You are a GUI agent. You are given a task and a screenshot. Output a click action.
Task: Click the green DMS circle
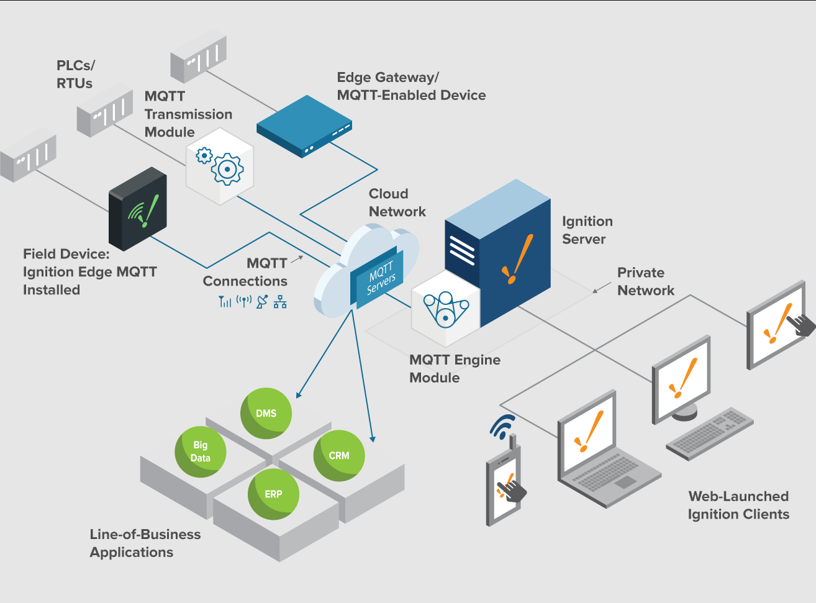point(266,414)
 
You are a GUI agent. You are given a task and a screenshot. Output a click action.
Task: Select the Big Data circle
point(200,451)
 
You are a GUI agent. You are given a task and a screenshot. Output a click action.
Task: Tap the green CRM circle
point(339,456)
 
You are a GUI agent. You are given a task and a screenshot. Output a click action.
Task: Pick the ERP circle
point(273,494)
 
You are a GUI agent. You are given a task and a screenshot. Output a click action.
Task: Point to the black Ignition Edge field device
point(138,209)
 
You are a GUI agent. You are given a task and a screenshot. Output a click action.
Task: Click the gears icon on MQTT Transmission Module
point(220,165)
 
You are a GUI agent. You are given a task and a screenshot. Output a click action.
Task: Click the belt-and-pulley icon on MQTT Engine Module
point(445,309)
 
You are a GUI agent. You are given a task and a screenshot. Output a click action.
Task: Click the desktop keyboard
point(709,433)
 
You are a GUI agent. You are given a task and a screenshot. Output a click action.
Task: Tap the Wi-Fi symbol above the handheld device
point(503,427)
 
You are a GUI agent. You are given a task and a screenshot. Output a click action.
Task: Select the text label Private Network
point(645,281)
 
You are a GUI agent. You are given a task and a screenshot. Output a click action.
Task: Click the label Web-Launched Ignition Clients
point(738,505)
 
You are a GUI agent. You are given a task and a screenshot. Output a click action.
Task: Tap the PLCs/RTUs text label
point(75,75)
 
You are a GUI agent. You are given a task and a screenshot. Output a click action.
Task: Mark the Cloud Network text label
point(397,202)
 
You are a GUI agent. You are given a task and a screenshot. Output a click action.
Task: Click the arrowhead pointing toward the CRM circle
point(373,439)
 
